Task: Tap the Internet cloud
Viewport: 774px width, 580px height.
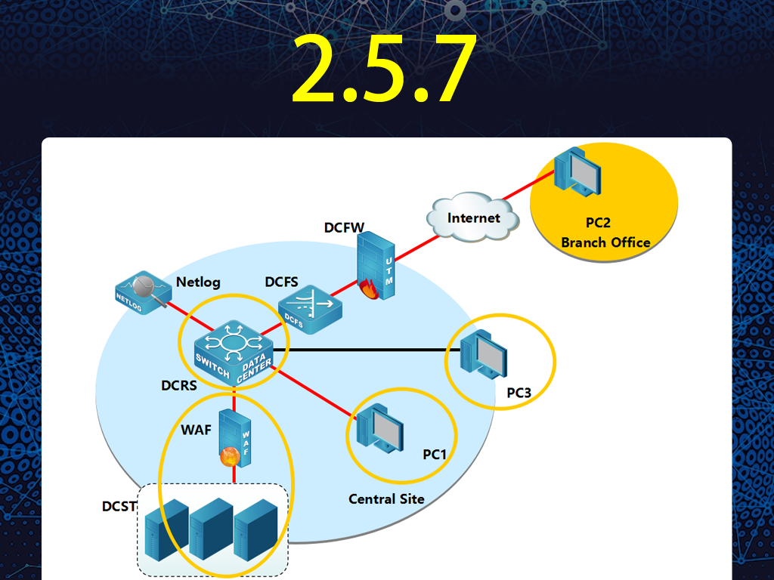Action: click(x=472, y=217)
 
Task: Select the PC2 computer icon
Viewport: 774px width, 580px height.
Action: click(x=577, y=171)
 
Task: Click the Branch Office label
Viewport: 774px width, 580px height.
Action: click(x=605, y=242)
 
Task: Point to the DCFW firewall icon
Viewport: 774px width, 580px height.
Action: click(x=376, y=266)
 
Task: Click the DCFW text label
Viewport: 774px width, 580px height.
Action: click(x=344, y=227)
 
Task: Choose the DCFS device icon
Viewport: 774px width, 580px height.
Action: click(x=310, y=309)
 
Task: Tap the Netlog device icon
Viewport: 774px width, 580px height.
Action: click(x=143, y=292)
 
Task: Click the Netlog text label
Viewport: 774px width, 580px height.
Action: click(x=198, y=282)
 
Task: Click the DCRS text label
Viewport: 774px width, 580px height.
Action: click(x=178, y=385)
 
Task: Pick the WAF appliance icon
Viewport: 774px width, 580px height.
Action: click(x=235, y=438)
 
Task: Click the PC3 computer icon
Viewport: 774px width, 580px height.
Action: click(x=483, y=353)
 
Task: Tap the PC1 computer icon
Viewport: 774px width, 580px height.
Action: click(x=380, y=428)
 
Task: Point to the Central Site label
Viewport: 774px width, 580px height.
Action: click(x=386, y=499)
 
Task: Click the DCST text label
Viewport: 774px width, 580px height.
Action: click(x=119, y=507)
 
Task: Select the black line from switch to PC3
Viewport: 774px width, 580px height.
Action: click(x=367, y=350)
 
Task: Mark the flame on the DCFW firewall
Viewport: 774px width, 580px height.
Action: click(x=369, y=289)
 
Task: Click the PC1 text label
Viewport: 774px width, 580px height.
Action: click(x=435, y=454)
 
